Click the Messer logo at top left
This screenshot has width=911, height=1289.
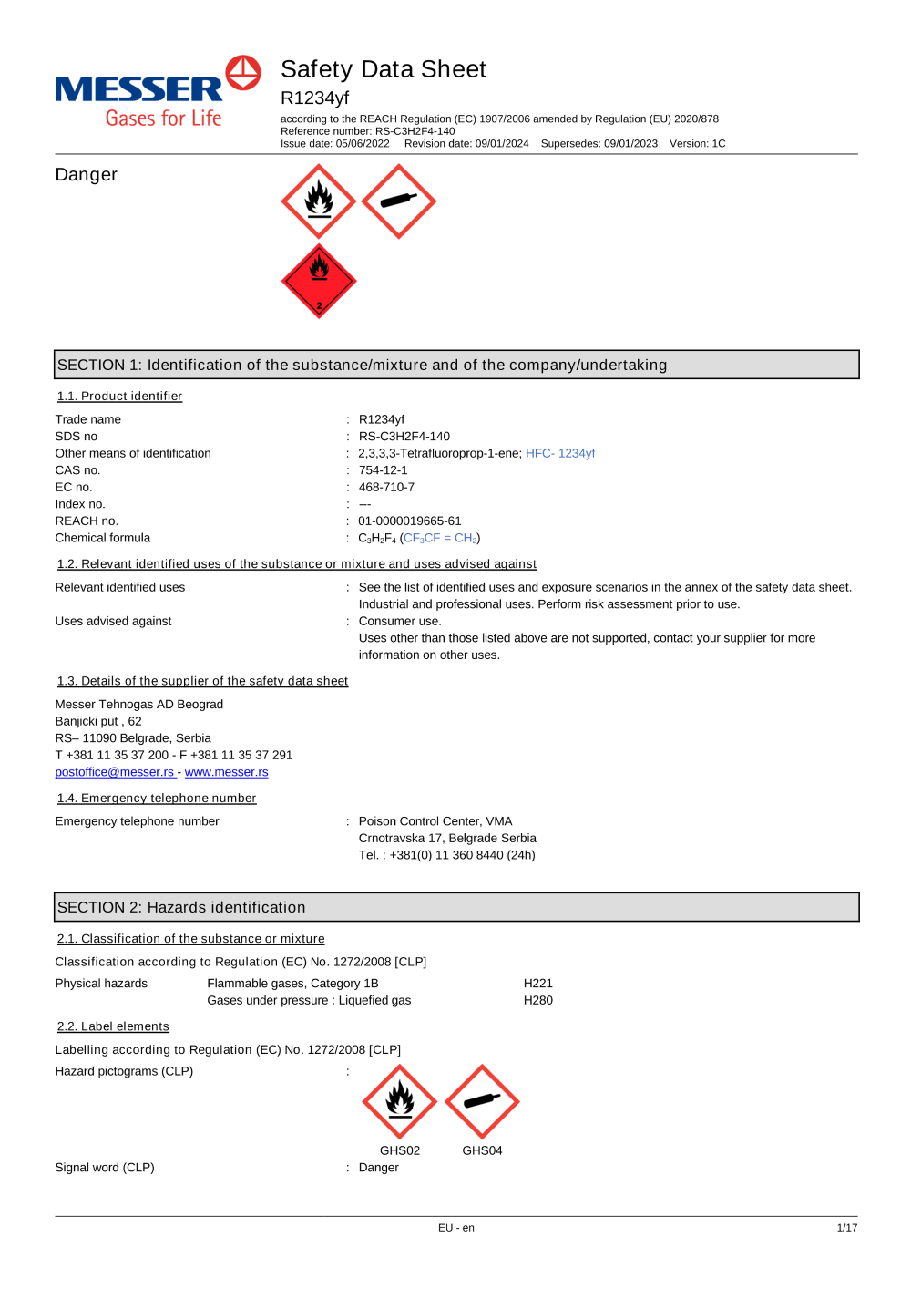(x=157, y=91)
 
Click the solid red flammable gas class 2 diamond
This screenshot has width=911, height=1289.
(x=319, y=281)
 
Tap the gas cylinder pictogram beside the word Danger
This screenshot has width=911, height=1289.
(x=399, y=201)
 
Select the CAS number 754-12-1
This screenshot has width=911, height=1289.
(x=383, y=470)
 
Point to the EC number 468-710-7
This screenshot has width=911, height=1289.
(x=386, y=488)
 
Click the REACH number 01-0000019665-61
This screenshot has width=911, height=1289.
(x=409, y=521)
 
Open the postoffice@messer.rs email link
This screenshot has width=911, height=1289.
(x=115, y=772)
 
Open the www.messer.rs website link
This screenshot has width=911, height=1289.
(x=226, y=772)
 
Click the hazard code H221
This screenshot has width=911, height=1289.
(x=537, y=984)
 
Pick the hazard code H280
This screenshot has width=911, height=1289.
(x=537, y=1001)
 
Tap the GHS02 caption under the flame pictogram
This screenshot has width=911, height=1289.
(x=400, y=1150)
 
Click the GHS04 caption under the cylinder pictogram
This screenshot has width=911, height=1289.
(x=482, y=1150)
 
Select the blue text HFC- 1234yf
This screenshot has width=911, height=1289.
(x=560, y=453)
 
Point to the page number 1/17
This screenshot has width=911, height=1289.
(x=846, y=1228)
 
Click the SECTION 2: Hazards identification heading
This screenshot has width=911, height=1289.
(x=181, y=907)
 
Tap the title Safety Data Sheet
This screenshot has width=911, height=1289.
(x=384, y=69)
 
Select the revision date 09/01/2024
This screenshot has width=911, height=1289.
(x=502, y=144)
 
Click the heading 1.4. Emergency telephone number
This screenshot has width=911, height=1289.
(x=157, y=799)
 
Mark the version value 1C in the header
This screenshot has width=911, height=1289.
(x=719, y=144)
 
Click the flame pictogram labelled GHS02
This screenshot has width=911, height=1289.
(x=400, y=1101)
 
